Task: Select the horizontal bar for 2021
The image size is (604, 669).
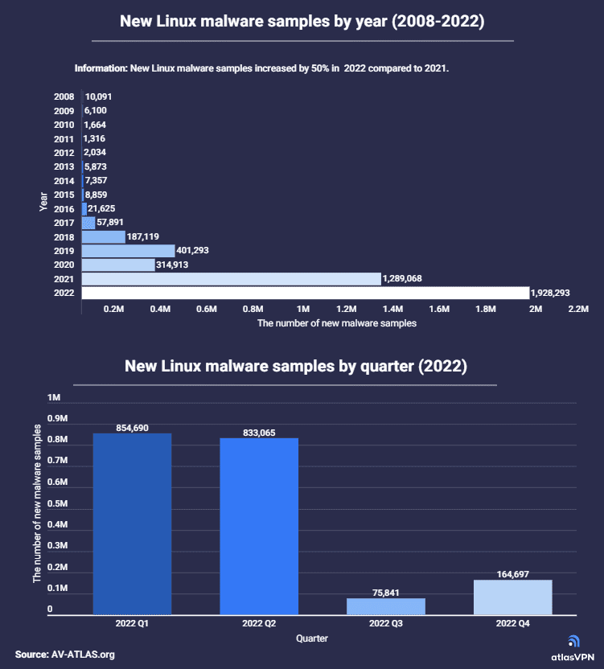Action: pos(231,279)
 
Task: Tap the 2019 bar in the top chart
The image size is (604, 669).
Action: pos(128,251)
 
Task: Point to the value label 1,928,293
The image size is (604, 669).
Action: pos(555,293)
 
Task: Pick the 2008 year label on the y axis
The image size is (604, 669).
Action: pos(64,96)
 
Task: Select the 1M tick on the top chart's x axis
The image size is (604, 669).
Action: pos(303,309)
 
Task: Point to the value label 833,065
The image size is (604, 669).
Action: pos(259,433)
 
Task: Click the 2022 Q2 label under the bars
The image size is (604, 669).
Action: pos(259,623)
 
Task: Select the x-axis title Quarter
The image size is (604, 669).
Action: pos(311,638)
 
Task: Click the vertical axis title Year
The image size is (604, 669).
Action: pos(43,200)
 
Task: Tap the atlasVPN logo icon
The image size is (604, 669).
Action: pos(573,641)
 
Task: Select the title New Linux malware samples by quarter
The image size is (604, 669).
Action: pos(295,367)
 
